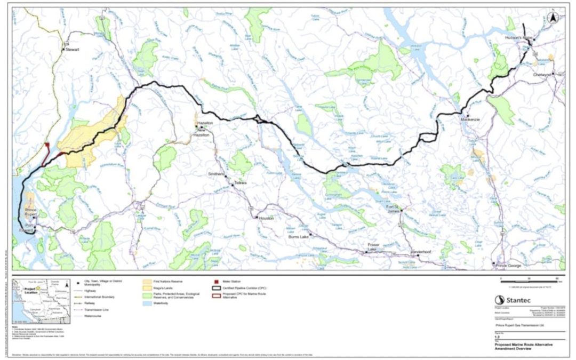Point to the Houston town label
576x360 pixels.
tap(265, 218)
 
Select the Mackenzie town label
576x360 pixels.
tap(471, 119)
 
